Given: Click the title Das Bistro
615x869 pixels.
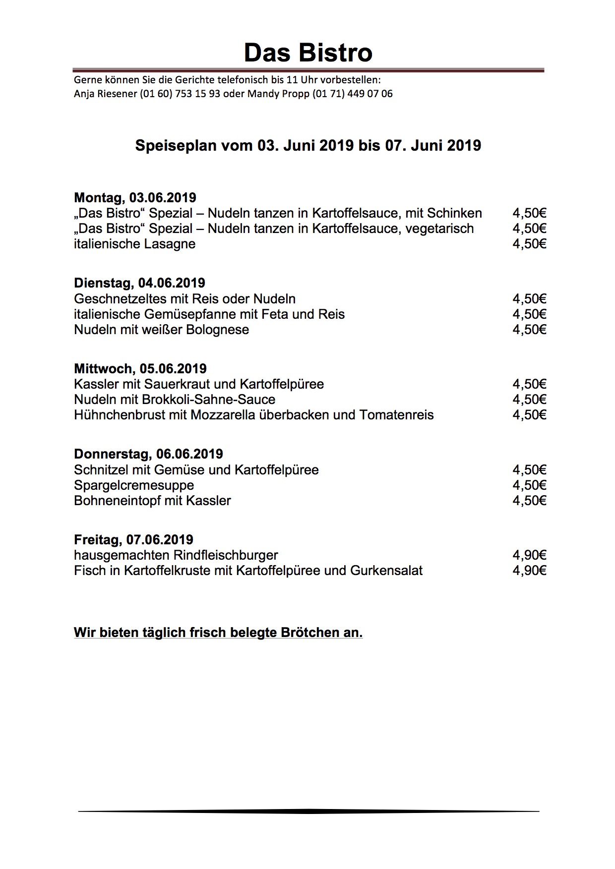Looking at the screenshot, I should tap(308, 53).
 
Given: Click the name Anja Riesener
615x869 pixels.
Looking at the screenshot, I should tap(105, 94).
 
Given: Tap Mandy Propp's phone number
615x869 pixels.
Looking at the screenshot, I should tap(352, 94).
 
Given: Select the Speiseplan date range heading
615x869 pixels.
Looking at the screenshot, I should tap(308, 145).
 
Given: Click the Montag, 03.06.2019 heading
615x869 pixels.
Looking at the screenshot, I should tap(135, 198).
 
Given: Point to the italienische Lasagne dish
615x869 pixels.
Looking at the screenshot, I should tap(134, 244).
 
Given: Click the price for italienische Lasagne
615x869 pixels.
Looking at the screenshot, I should tap(529, 244).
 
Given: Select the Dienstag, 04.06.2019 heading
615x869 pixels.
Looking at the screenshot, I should tap(139, 283).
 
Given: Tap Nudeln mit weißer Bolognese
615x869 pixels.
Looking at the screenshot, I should tap(161, 330).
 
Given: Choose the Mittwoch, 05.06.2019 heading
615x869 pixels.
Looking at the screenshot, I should tap(140, 369).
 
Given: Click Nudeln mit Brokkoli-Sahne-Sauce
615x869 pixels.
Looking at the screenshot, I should tap(175, 400).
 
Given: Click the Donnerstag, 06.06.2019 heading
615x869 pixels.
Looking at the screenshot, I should tap(148, 454).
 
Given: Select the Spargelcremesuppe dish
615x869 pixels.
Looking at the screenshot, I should tap(134, 485).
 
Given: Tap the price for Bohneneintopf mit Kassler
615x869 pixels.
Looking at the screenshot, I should tap(529, 501).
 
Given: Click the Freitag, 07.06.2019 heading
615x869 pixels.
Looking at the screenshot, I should tap(133, 540).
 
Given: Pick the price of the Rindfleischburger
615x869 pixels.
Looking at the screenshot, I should tap(529, 555).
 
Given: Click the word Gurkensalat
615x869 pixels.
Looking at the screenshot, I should tap(386, 571).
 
